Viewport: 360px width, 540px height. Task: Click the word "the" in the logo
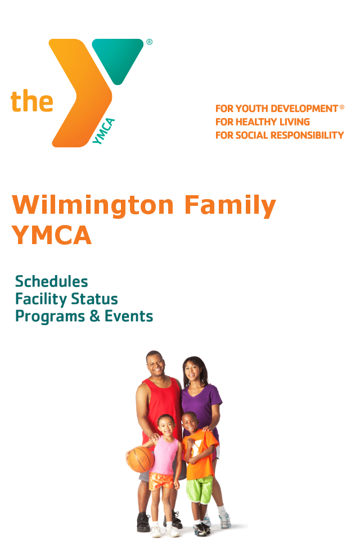32,101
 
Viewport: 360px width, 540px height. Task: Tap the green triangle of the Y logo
118,57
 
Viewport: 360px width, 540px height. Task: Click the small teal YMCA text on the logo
103,131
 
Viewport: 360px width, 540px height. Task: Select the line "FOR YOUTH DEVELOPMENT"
277,109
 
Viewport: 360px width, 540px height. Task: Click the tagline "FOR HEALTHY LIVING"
263,122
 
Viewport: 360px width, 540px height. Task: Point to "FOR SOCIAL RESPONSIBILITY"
280,136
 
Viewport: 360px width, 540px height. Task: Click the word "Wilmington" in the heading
93,206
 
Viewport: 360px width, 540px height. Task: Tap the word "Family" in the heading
230,206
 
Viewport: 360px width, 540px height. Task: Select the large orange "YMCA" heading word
52,235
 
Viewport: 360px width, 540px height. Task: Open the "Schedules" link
52,281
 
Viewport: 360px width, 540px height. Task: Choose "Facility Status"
66,299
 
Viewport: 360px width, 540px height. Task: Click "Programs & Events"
84,316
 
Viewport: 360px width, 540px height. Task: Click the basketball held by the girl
140,460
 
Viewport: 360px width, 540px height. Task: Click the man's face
156,366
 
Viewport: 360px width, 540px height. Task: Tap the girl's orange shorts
161,481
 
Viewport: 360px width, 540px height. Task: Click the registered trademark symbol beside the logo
149,42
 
